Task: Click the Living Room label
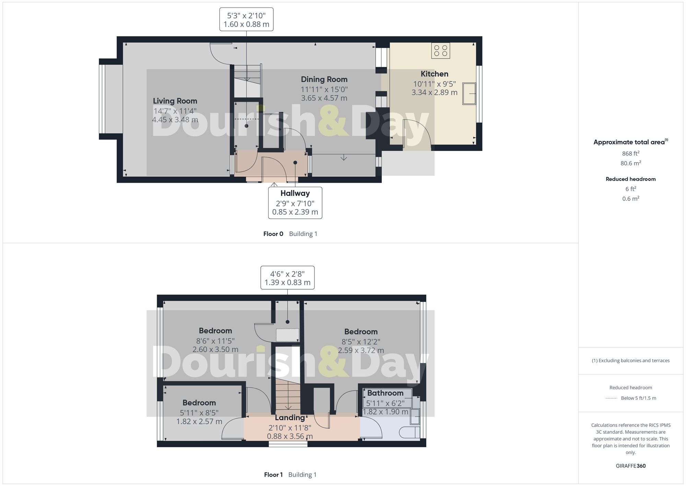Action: (175, 101)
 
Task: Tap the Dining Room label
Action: (324, 79)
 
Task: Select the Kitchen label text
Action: (434, 74)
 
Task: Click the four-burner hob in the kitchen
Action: (440, 50)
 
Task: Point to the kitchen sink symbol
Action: (469, 93)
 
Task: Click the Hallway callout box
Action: (295, 203)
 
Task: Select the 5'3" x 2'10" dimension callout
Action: (246, 20)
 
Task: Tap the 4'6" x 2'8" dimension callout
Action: (287, 278)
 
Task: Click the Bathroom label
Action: (385, 393)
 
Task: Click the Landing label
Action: (290, 418)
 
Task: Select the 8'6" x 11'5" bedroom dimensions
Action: (215, 345)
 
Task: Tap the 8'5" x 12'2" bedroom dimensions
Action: (361, 346)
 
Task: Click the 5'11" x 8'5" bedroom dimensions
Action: (199, 417)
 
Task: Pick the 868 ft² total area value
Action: (630, 154)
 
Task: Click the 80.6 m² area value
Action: (630, 163)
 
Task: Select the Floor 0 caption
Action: (273, 234)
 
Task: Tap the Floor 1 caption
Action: (273, 475)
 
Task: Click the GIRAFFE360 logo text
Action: (630, 466)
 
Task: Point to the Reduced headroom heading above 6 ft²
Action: (630, 179)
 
